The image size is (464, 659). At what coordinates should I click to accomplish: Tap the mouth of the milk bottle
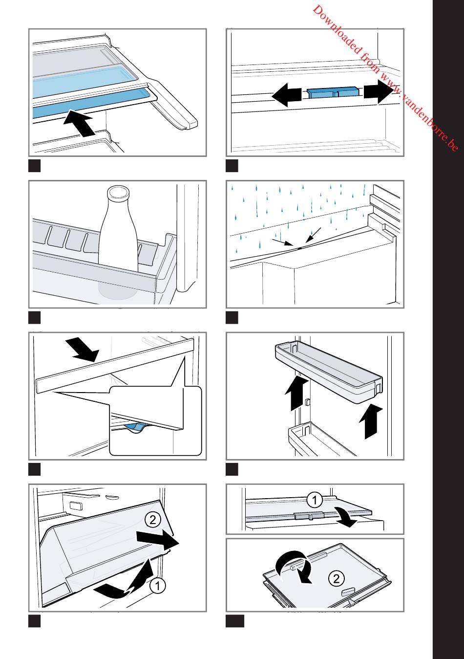click(118, 192)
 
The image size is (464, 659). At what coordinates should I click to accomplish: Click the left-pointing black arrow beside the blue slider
click(287, 95)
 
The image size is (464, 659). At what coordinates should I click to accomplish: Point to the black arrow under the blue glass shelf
click(79, 123)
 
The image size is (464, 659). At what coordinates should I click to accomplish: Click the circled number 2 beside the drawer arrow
click(153, 520)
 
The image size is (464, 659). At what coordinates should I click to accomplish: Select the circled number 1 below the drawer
click(157, 586)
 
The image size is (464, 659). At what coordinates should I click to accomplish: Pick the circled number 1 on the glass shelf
click(315, 500)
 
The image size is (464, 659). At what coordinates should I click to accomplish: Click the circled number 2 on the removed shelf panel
click(336, 579)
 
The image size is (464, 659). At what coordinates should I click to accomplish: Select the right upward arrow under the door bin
click(371, 421)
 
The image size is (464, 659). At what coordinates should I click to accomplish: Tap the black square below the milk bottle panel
click(34, 318)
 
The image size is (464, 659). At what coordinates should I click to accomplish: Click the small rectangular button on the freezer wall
click(76, 505)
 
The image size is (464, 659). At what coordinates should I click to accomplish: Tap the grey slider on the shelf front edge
click(309, 515)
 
